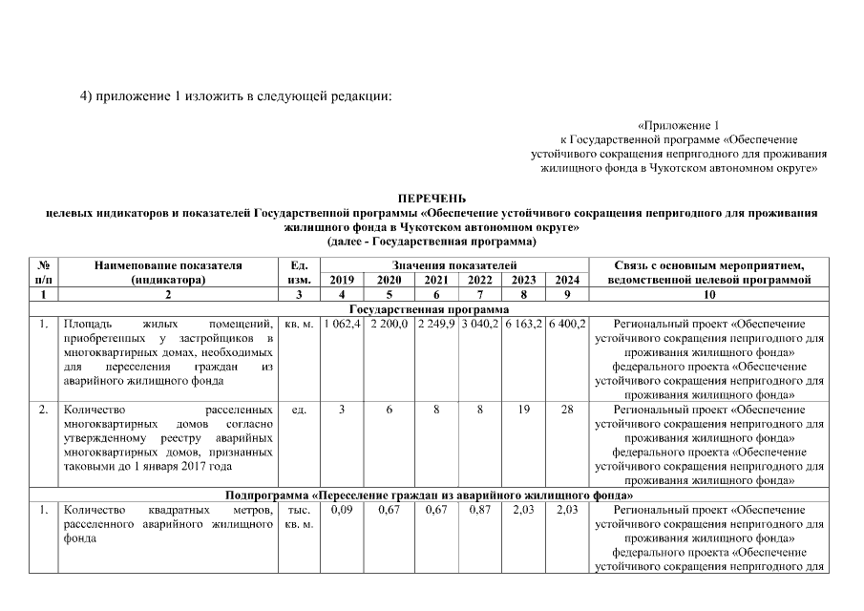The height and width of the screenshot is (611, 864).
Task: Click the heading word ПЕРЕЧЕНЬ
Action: coord(432,198)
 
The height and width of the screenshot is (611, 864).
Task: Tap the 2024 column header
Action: coord(567,280)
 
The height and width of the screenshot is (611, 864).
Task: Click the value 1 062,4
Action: coord(342,325)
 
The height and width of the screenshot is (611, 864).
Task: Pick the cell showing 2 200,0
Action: coord(389,325)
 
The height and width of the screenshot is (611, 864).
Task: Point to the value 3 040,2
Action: coord(479,325)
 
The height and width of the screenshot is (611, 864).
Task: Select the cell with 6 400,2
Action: coord(567,325)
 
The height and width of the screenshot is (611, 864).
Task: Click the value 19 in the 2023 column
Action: coord(523,410)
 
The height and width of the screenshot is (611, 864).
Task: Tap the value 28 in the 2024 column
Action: coord(567,410)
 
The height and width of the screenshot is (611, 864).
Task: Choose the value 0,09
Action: coord(342,512)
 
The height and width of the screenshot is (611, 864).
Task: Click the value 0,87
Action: coord(479,512)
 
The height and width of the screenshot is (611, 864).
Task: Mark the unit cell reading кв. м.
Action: coord(300,325)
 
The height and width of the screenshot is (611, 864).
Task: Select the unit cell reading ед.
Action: coord(300,410)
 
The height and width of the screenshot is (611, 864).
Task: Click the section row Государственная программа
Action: coord(432,310)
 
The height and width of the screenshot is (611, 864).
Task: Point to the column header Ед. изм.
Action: coord(300,272)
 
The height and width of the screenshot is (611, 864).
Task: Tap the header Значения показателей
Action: coord(454,264)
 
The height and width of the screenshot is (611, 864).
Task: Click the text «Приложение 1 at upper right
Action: coord(678,125)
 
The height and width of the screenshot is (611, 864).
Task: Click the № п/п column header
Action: coord(44,272)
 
